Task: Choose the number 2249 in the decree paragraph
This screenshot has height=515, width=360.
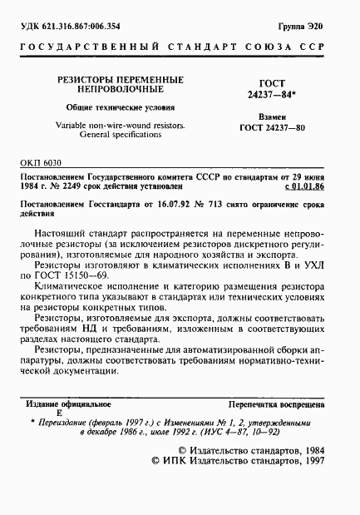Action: pos(73,189)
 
